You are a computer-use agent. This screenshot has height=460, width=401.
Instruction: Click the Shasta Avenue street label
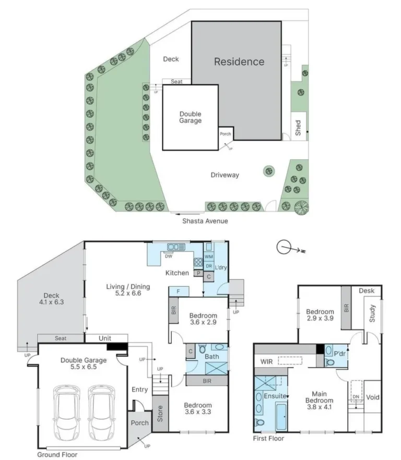click(205, 221)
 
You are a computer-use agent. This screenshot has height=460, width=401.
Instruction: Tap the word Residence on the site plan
click(239, 62)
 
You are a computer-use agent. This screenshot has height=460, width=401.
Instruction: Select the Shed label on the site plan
click(298, 128)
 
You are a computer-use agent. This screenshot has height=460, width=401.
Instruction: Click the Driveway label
click(225, 175)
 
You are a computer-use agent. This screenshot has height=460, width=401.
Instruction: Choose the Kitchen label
click(177, 273)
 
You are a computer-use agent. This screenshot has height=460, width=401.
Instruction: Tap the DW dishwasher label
click(169, 256)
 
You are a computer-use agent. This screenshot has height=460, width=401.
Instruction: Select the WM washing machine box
click(208, 257)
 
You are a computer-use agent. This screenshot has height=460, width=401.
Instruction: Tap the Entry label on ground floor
click(140, 390)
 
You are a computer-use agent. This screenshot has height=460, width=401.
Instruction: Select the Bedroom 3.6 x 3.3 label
click(198, 409)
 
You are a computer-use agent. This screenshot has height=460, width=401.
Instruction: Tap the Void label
click(373, 397)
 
